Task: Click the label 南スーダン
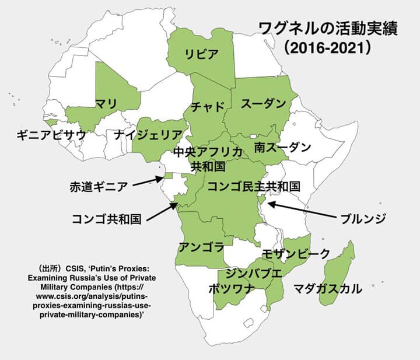coord(282,147)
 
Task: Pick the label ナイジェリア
coord(148,135)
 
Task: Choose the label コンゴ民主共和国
coord(254,186)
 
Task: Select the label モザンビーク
coord(295,253)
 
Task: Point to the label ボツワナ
coord(231,288)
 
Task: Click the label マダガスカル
coord(327,288)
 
